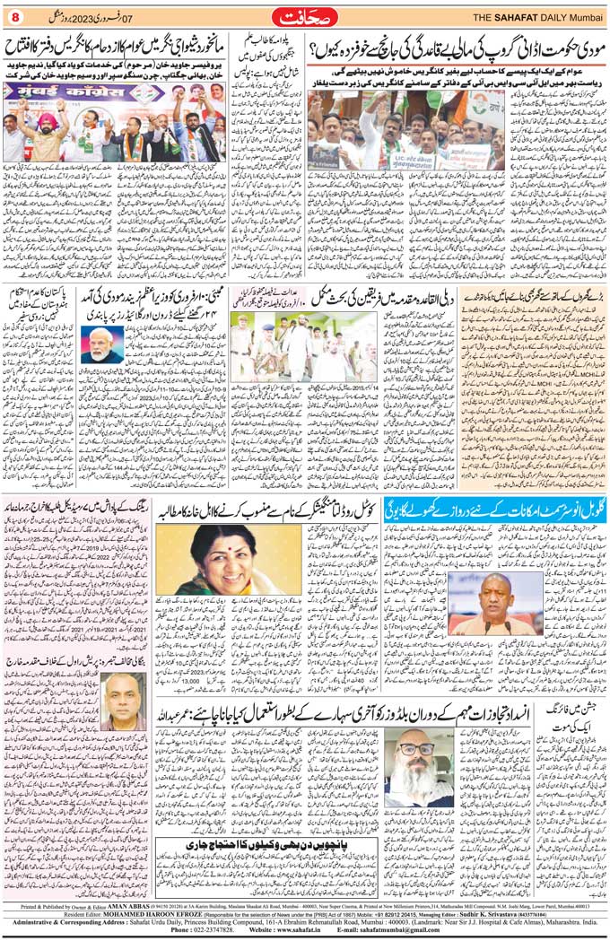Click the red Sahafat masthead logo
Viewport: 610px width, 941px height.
[305, 16]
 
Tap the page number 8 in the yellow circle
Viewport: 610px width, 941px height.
[13, 17]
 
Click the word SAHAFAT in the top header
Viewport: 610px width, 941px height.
[512, 17]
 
